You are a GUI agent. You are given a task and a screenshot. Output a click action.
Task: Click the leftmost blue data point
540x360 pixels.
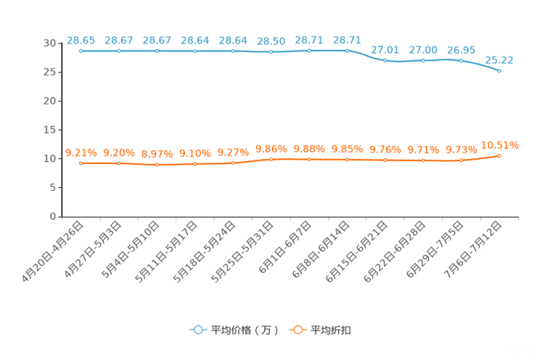pyautogui.click(x=81, y=52)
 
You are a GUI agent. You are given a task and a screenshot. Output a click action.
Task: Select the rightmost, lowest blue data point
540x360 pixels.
pyautogui.click(x=499, y=70)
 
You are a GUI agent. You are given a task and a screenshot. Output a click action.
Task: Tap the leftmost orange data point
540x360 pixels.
pyautogui.click(x=81, y=163)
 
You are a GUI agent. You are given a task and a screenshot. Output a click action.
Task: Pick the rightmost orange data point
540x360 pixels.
pyautogui.click(x=499, y=155)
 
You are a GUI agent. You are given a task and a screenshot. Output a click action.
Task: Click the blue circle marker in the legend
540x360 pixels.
pyautogui.click(x=197, y=330)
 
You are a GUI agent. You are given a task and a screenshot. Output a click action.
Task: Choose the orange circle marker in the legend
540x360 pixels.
pyautogui.click(x=296, y=330)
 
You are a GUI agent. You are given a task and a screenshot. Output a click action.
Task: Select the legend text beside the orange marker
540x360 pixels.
pyautogui.click(x=331, y=330)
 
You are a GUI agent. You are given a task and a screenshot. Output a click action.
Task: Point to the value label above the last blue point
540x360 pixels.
pyautogui.click(x=499, y=60)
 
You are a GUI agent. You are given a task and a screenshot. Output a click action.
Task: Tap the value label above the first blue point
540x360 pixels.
pyautogui.click(x=81, y=40)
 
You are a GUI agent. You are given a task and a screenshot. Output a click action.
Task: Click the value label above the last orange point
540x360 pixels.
pyautogui.click(x=499, y=144)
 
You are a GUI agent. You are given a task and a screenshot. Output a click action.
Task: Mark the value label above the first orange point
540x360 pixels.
pyautogui.click(x=81, y=152)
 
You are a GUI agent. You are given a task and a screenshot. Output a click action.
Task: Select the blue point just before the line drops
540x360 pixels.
pyautogui.click(x=347, y=50)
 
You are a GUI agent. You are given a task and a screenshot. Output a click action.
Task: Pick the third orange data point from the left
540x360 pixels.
pyautogui.click(x=157, y=165)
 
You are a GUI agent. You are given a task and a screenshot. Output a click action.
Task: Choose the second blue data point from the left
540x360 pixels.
pyautogui.click(x=118, y=52)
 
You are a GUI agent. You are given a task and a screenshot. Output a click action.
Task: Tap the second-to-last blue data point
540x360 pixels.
pyautogui.click(x=461, y=60)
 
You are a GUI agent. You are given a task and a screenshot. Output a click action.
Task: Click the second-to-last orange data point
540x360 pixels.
pyautogui.click(x=461, y=160)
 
